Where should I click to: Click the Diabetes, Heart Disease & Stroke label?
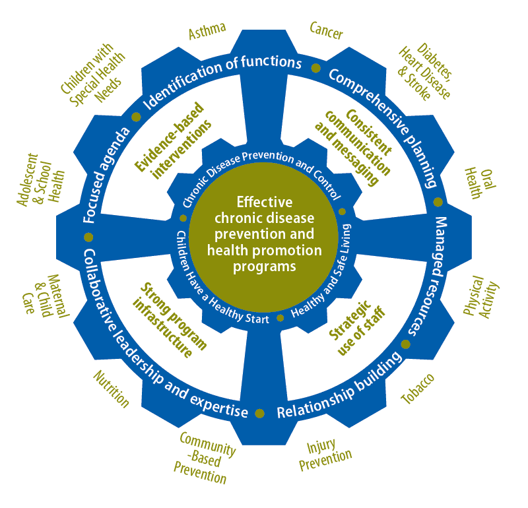click(425, 74)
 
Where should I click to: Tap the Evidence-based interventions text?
click(174, 138)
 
